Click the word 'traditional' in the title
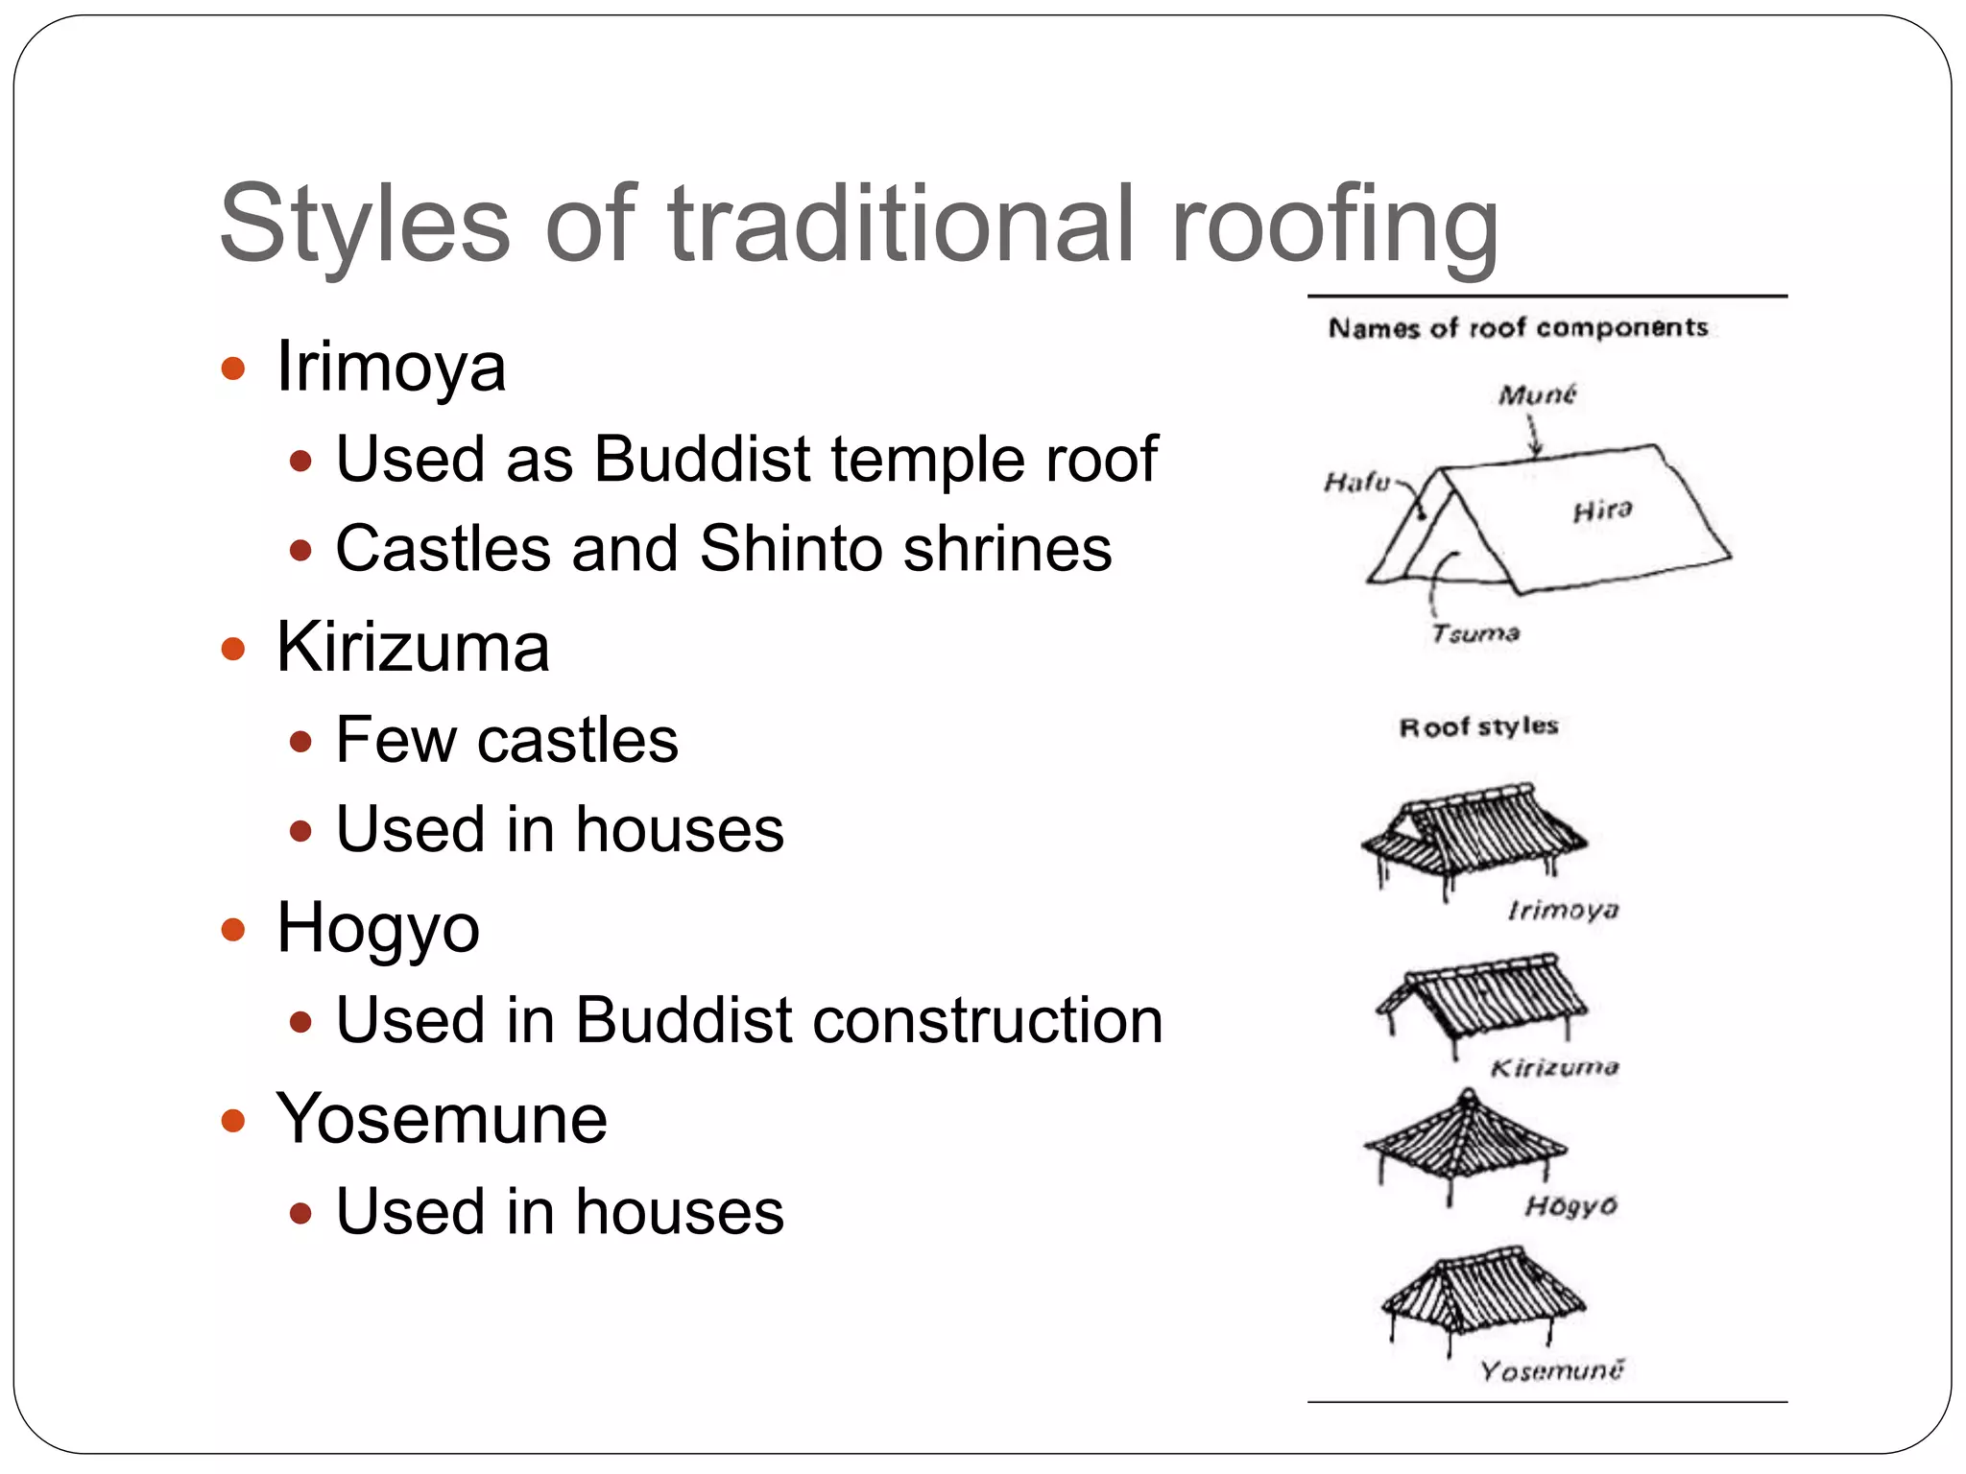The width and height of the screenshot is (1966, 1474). [901, 225]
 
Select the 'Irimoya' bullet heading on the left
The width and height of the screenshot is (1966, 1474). [391, 368]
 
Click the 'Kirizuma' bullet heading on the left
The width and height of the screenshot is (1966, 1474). [413, 648]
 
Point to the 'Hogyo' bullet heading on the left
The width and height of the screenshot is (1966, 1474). [377, 929]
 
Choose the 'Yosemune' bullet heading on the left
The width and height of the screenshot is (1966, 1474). [442, 1119]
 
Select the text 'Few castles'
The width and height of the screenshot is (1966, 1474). [507, 740]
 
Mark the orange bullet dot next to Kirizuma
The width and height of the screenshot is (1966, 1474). [233, 650]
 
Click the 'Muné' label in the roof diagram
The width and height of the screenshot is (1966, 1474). [1537, 394]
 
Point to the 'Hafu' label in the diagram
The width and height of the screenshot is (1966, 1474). [1355, 481]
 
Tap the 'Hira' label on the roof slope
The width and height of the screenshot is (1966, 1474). [1602, 511]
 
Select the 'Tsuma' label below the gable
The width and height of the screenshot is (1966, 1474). [1475, 633]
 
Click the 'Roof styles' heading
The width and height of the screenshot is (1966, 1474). [1478, 726]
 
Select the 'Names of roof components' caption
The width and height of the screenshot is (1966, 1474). [1518, 328]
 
